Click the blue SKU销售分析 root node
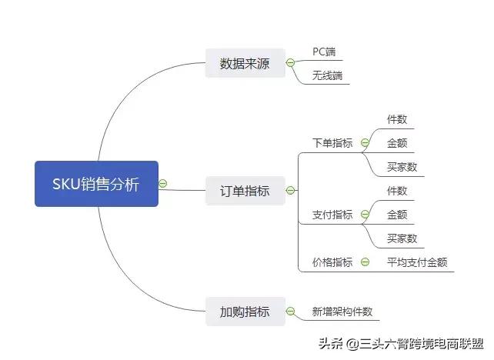[x=96, y=184]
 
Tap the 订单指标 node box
[x=245, y=191]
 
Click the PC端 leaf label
[x=324, y=52]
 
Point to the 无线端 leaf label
[x=327, y=75]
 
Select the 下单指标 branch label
[x=332, y=143]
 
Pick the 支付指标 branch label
[x=332, y=215]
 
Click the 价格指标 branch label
[x=332, y=262]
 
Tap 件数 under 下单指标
[x=397, y=119]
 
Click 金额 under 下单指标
[x=397, y=143]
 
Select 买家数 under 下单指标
[x=402, y=167]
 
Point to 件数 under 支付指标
[x=397, y=191]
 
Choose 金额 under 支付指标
[x=397, y=215]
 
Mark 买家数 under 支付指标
[x=402, y=238]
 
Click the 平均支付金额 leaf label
[x=416, y=262]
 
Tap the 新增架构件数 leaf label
[x=342, y=312]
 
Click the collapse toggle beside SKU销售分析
[x=162, y=184]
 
